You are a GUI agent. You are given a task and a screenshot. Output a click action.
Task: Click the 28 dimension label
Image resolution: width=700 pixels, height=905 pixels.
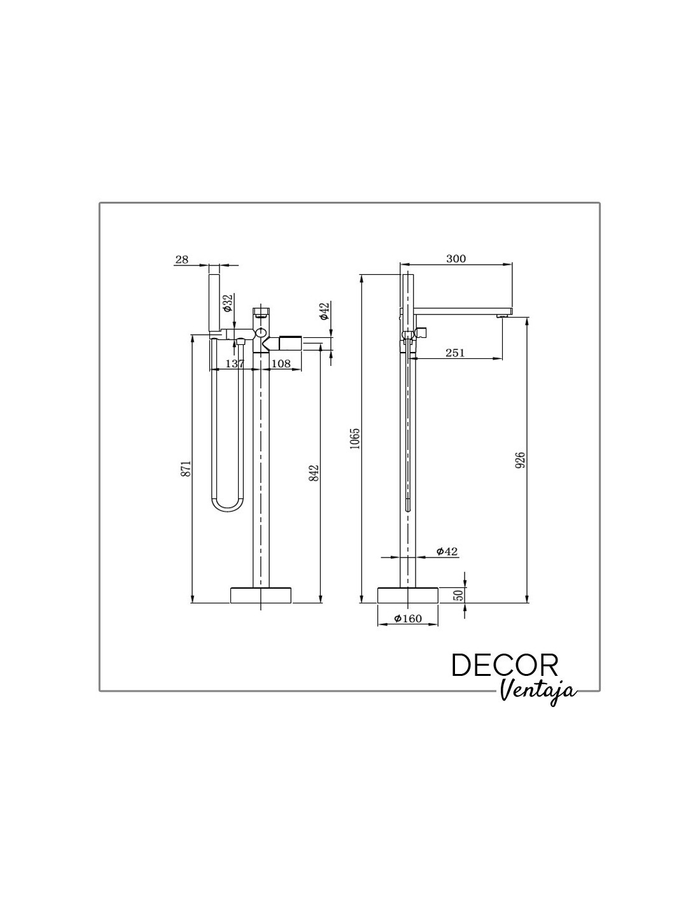(181, 259)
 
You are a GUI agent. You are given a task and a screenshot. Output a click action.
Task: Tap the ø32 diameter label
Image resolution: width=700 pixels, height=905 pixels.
(227, 303)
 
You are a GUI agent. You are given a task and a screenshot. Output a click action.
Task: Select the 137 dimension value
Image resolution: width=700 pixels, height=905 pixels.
(235, 363)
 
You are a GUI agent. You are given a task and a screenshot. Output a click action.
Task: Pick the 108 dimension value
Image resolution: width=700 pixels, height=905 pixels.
(281, 363)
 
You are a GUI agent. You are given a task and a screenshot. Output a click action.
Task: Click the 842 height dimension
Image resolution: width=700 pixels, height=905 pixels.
(314, 473)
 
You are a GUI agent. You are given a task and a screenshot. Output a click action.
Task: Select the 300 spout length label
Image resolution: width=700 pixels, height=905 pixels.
(456, 258)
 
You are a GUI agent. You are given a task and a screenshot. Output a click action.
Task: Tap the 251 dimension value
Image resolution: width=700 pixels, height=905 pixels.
(455, 353)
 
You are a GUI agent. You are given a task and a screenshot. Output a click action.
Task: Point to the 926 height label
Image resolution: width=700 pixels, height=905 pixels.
(520, 460)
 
